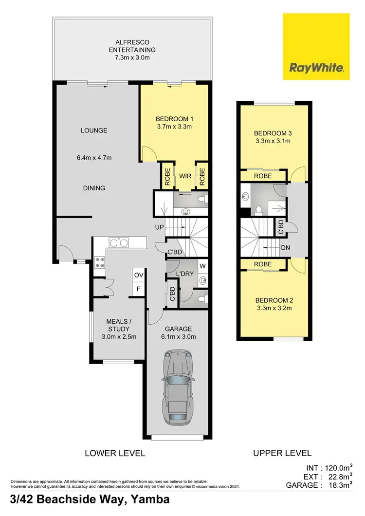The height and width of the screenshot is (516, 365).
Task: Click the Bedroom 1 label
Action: (x=175, y=119)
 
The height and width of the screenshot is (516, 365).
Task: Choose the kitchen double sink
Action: (x=119, y=242)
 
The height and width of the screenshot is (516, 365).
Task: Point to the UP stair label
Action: (x=159, y=227)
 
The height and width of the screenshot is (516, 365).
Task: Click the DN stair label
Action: (x=287, y=247)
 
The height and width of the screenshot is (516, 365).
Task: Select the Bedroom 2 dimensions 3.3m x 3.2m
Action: (x=273, y=309)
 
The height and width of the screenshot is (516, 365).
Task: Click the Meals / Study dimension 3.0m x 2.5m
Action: (x=119, y=336)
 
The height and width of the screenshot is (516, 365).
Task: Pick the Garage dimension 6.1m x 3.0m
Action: (x=178, y=336)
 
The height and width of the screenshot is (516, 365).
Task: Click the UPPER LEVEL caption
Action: (x=282, y=453)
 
